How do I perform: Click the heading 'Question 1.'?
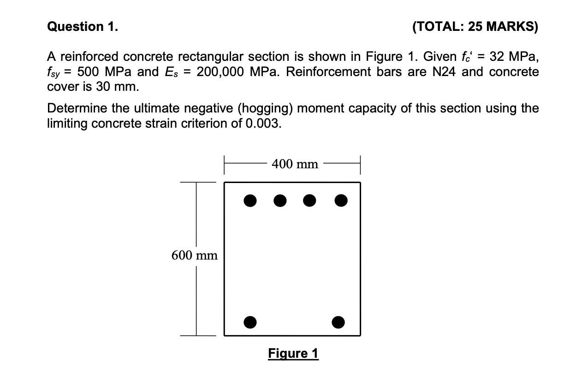click(x=83, y=27)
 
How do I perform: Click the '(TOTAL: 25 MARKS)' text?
click(x=475, y=27)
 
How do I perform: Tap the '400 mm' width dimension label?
click(x=295, y=164)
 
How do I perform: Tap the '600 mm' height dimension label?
click(x=195, y=255)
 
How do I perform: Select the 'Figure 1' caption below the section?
click(x=293, y=354)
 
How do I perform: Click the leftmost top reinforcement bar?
click(x=250, y=201)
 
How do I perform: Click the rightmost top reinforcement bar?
click(x=340, y=201)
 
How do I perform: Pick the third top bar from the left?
click(x=309, y=201)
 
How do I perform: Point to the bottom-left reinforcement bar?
click(x=250, y=321)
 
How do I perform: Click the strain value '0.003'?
click(x=263, y=124)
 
